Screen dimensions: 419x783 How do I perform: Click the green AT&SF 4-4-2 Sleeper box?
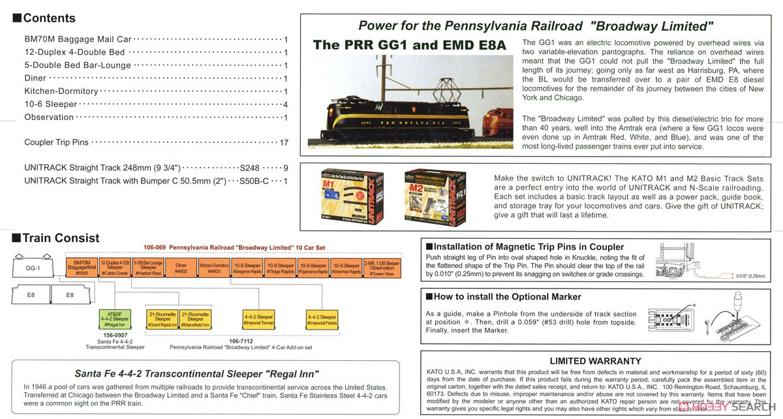(114, 319)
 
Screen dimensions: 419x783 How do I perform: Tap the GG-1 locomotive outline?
(33, 268)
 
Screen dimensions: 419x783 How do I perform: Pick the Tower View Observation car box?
(382, 268)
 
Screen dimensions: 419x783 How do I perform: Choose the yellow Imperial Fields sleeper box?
(323, 319)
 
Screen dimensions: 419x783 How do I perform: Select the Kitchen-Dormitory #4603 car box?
(214, 268)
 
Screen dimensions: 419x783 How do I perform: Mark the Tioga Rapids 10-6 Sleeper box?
(281, 268)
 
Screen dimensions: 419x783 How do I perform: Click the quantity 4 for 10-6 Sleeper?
(286, 104)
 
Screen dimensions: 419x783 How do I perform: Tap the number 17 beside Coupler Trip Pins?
(283, 142)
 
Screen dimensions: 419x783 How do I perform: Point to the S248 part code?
(250, 168)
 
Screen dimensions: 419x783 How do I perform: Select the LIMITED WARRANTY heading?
(595, 361)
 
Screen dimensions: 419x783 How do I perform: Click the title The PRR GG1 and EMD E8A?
(409, 45)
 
